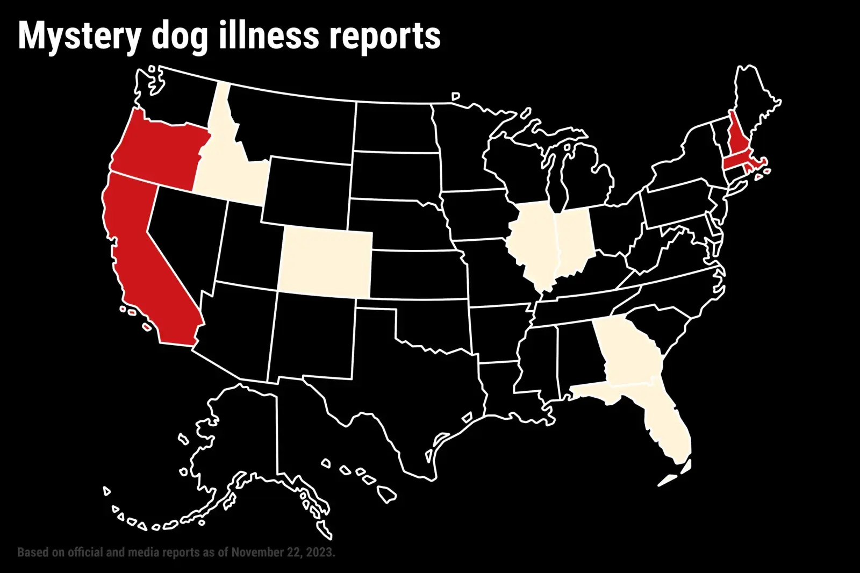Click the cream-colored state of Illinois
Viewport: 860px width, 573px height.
click(x=532, y=242)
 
